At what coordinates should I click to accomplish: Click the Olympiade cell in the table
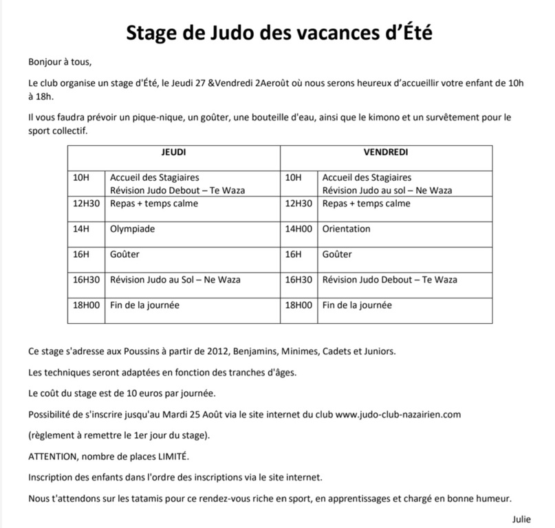[133, 229]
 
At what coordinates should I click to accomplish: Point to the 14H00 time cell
[298, 229]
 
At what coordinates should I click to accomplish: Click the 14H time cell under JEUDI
[80, 229]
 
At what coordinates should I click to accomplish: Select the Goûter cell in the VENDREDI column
[338, 254]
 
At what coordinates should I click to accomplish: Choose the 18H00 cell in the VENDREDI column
[298, 305]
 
